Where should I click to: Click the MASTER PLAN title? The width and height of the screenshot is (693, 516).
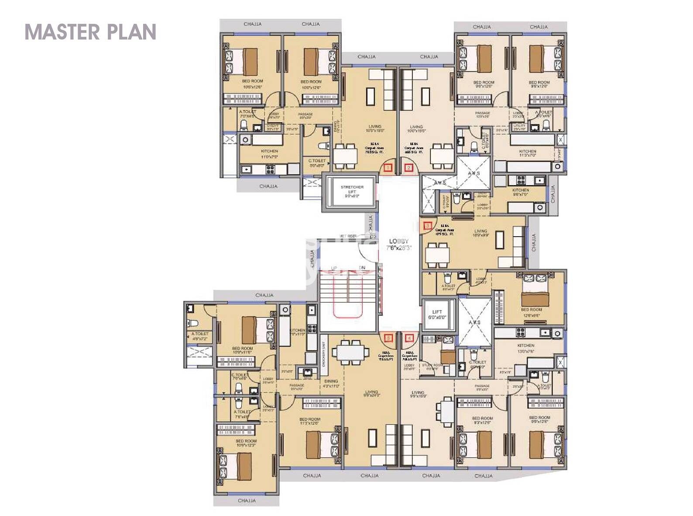point(90,32)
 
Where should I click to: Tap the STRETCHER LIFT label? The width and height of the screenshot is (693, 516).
point(352,191)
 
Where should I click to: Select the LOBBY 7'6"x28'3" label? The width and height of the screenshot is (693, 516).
point(399,244)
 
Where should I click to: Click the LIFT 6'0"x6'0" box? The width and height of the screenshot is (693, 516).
point(438,314)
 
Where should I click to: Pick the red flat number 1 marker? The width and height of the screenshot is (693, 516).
point(388,167)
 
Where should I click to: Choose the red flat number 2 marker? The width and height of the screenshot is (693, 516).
point(408,167)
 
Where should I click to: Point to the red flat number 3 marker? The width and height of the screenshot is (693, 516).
point(428,226)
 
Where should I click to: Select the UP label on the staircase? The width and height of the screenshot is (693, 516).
point(334,268)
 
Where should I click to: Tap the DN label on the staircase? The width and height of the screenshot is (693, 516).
point(362,268)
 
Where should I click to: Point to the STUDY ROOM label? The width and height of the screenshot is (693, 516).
point(432,366)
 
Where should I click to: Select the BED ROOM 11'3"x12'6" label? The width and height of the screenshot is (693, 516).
point(310,421)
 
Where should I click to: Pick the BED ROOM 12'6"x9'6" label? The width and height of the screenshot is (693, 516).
point(531,312)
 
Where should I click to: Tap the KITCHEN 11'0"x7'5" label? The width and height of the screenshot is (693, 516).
point(269,153)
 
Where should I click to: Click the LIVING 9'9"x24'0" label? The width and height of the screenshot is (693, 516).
point(372,394)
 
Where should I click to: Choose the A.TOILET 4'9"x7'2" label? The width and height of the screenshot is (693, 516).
point(200,336)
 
